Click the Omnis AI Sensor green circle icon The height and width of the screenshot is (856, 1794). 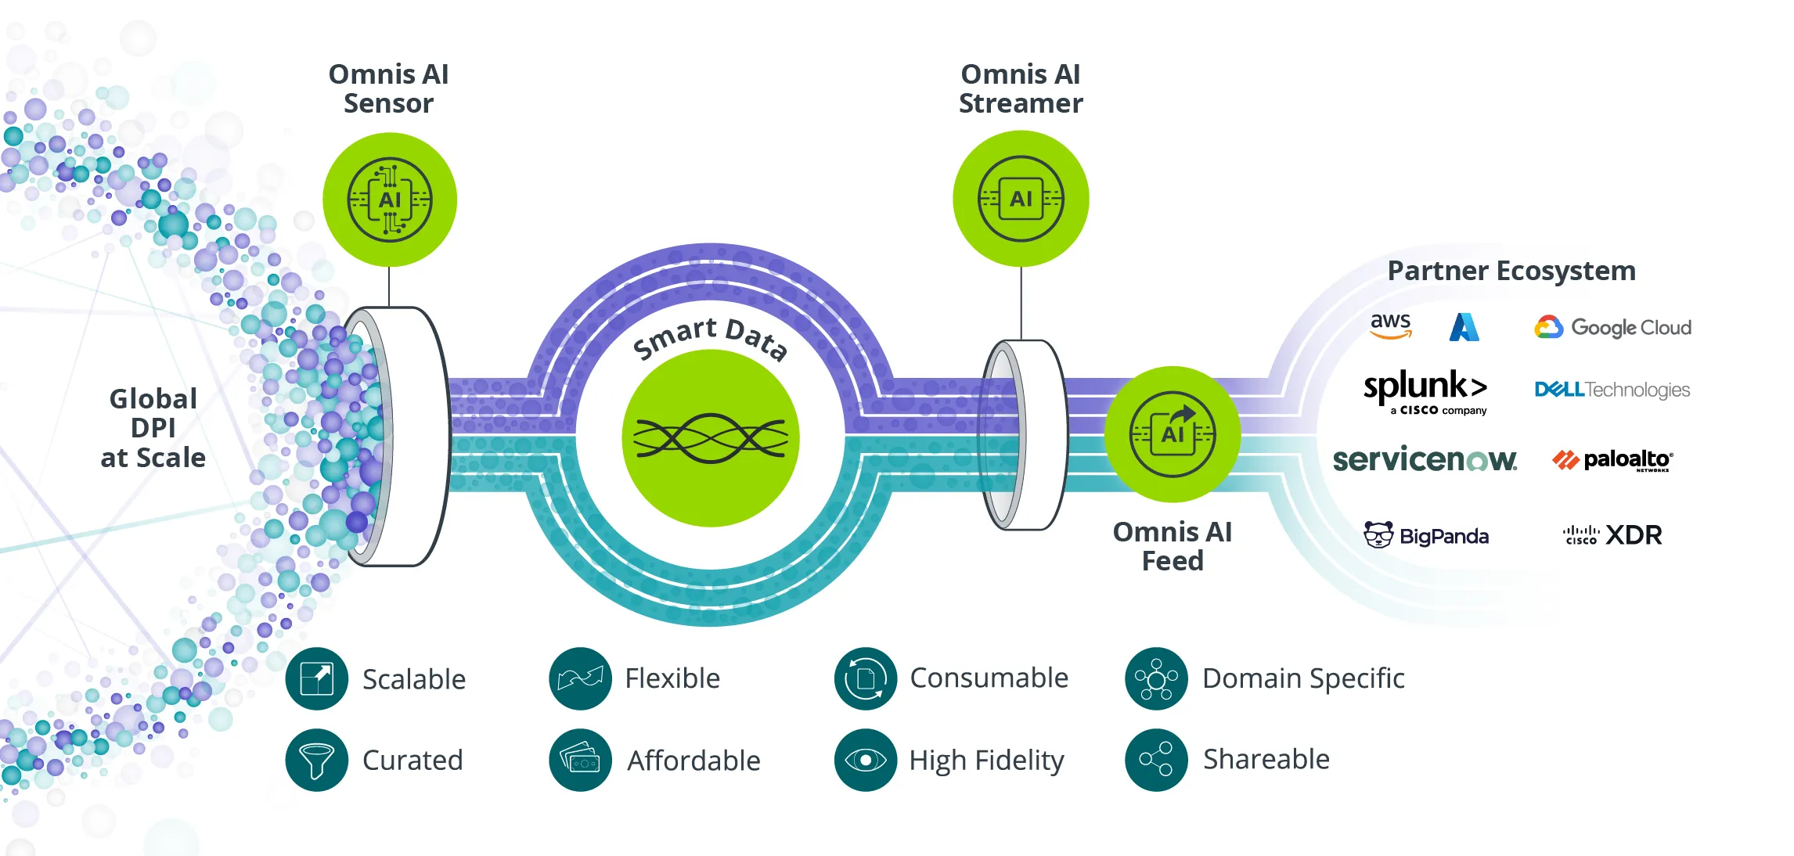pyautogui.click(x=389, y=200)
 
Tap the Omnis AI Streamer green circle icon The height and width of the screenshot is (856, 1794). pyautogui.click(x=1021, y=199)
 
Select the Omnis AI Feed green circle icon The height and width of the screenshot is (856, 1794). pyautogui.click(x=1172, y=433)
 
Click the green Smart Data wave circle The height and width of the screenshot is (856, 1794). pyautogui.click(x=710, y=438)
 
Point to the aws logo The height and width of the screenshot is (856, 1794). pyautogui.click(x=1391, y=325)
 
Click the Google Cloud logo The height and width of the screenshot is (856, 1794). pyautogui.click(x=1612, y=327)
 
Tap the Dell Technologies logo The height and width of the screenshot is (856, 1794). pyautogui.click(x=1612, y=390)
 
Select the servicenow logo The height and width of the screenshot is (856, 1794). pyautogui.click(x=1425, y=459)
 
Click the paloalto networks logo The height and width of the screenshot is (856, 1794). pyautogui.click(x=1612, y=460)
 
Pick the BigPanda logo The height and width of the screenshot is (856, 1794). pyautogui.click(x=1425, y=536)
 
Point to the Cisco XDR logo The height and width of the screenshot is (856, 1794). pyautogui.click(x=1612, y=535)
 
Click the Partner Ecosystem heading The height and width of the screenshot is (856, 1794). pyautogui.click(x=1511, y=271)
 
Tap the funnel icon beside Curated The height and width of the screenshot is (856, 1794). pyautogui.click(x=316, y=760)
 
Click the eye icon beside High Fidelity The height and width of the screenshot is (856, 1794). pyautogui.click(x=865, y=760)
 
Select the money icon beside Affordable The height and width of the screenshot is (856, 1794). pyautogui.click(x=580, y=760)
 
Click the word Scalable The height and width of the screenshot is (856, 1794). pyautogui.click(x=413, y=679)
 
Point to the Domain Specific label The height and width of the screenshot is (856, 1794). pyautogui.click(x=1303, y=678)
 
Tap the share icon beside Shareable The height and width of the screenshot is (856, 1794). pyautogui.click(x=1156, y=759)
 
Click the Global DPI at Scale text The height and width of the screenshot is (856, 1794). pyautogui.click(x=153, y=428)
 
